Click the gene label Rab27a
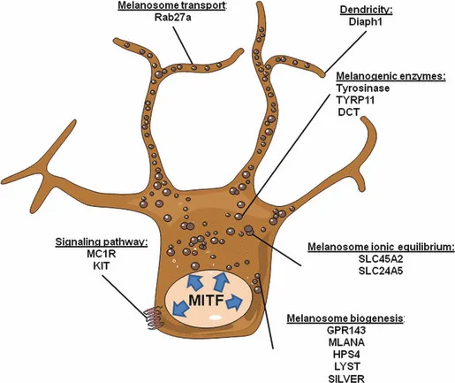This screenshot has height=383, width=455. tap(172, 18)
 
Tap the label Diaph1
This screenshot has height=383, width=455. tap(366, 22)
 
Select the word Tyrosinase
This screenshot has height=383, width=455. tap(363, 88)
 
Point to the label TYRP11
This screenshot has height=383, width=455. tap(355, 100)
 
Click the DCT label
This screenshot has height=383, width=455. tap(349, 112)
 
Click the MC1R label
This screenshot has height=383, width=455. tap(102, 254)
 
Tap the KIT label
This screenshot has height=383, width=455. tap(101, 266)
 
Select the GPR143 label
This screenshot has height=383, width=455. tap(346, 330)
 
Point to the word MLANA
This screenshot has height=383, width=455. tap(346, 342)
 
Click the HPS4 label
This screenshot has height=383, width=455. tap(346, 354)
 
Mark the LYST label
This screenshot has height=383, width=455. tap(347, 366)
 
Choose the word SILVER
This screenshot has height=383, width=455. tap(346, 379)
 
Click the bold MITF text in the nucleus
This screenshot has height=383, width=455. tap(206, 301)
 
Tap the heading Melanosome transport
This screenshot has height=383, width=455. tap(172, 5)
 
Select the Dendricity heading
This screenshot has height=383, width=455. tap(367, 10)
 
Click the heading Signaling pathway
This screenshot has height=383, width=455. tap(102, 241)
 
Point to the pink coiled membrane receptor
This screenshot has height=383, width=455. tap(154, 318)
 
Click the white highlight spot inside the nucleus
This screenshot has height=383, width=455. tap(216, 318)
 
